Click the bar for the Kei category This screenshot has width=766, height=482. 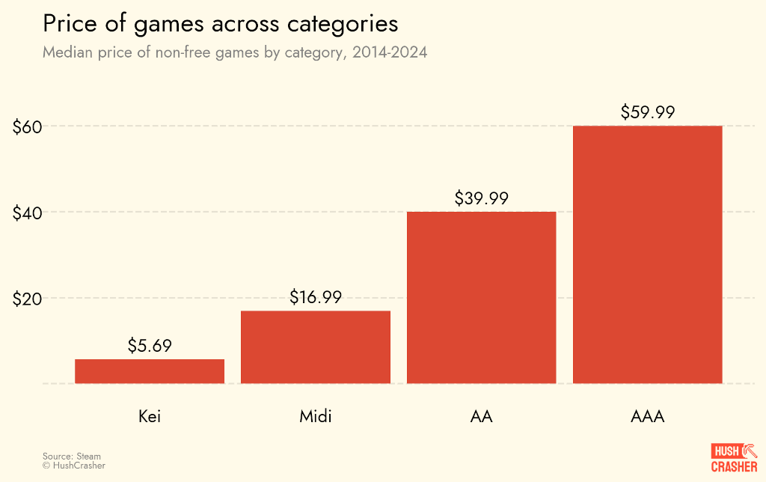click(x=150, y=371)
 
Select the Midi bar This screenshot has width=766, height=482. click(x=316, y=347)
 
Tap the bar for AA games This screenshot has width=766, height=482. click(x=481, y=297)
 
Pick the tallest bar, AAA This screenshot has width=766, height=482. click(x=647, y=254)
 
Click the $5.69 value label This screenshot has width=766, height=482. click(x=150, y=346)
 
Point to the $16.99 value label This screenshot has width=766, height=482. click(x=316, y=297)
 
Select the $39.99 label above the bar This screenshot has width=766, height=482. click(x=481, y=198)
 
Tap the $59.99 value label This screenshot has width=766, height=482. click(x=648, y=112)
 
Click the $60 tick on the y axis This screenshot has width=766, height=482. click(x=26, y=126)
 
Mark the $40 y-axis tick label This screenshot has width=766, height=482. click(x=26, y=213)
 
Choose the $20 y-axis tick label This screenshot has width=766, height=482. click(x=26, y=299)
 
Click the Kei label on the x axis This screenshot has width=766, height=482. click(x=150, y=416)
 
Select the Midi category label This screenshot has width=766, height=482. click(x=316, y=416)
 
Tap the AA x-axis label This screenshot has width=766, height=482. click(x=481, y=416)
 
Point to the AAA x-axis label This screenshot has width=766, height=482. click(x=647, y=416)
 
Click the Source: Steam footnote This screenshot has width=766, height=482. click(x=72, y=456)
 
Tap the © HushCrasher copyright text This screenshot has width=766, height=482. click(x=74, y=466)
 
